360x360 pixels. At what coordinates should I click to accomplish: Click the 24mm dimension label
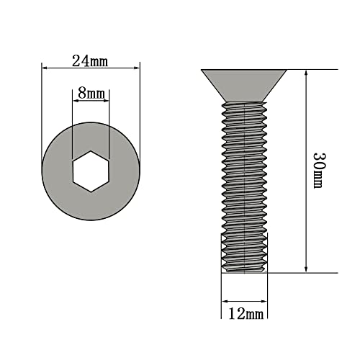[x=90, y=61]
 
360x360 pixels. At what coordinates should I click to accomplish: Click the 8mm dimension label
[x=91, y=94]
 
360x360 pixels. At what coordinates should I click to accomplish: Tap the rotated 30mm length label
[x=318, y=171]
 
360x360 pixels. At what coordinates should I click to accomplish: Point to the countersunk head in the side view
[x=243, y=85]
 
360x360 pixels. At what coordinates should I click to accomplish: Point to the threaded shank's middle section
[x=243, y=173]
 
